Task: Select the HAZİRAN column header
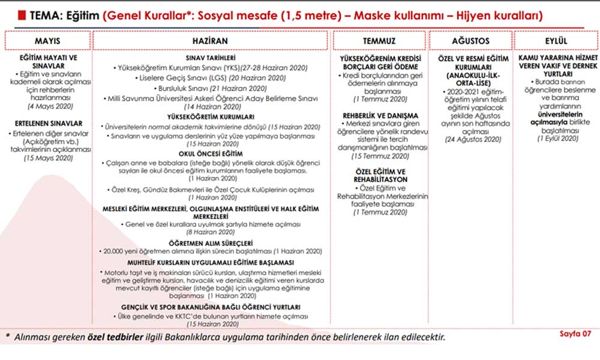point(210,41)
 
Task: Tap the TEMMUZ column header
point(379,41)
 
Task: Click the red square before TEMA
point(19,14)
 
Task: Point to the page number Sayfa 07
point(574,334)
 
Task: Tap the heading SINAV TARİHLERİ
point(210,57)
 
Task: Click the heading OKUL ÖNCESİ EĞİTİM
point(210,153)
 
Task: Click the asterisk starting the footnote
point(7,337)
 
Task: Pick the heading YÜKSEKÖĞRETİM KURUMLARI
point(210,117)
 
